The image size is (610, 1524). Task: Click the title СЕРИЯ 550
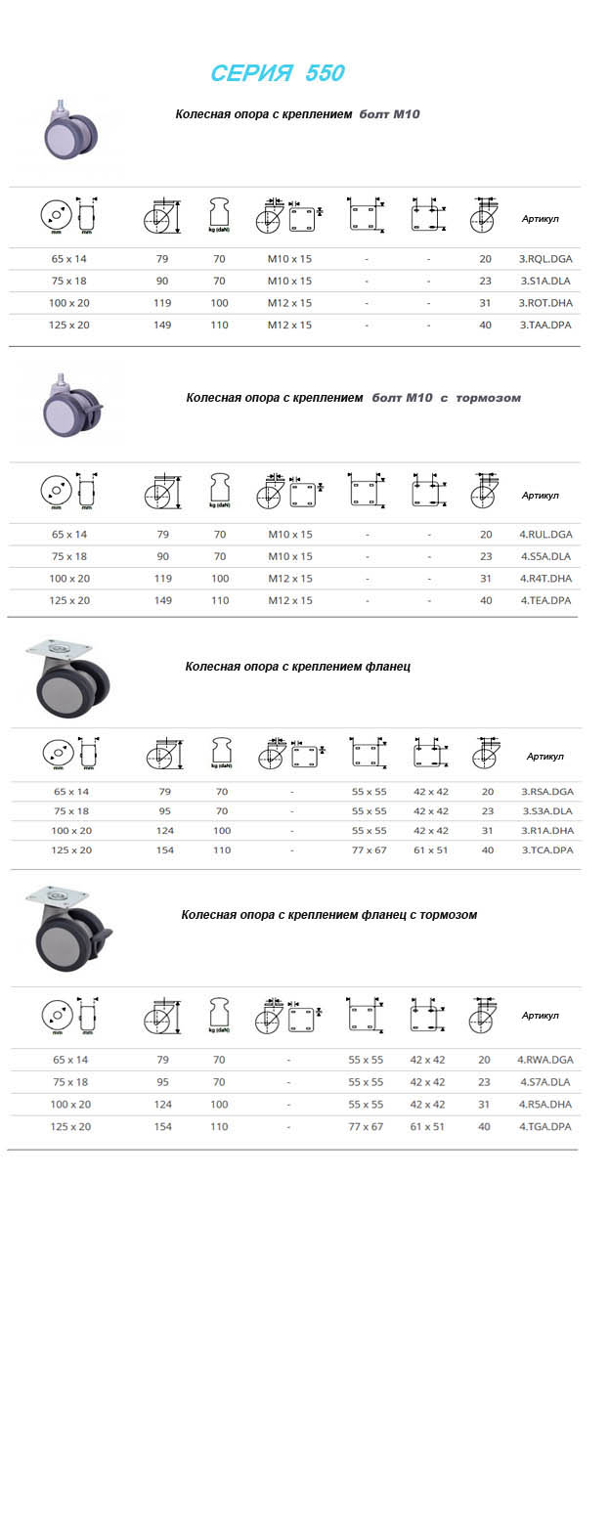[x=278, y=73]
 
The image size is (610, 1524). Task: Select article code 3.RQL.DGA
[x=545, y=259]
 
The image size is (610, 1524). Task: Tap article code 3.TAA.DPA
[x=545, y=325]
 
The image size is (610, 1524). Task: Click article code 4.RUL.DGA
[x=545, y=535]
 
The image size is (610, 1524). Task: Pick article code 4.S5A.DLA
[x=545, y=556]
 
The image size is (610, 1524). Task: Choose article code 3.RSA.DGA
[x=547, y=792]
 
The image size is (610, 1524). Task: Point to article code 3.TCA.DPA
[x=547, y=850]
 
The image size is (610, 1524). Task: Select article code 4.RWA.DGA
[x=545, y=1060]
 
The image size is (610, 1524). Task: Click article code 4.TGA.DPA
[x=545, y=1126]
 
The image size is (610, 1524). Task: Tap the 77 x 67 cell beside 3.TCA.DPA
[x=369, y=850]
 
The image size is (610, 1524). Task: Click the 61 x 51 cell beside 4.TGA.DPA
[x=427, y=1126]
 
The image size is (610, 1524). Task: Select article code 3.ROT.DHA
[x=545, y=303]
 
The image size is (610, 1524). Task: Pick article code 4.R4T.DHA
[x=545, y=579]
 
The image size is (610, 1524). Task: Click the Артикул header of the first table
[x=540, y=219]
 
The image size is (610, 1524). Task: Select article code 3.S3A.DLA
[x=547, y=811]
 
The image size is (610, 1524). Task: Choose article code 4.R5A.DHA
[x=545, y=1105]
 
